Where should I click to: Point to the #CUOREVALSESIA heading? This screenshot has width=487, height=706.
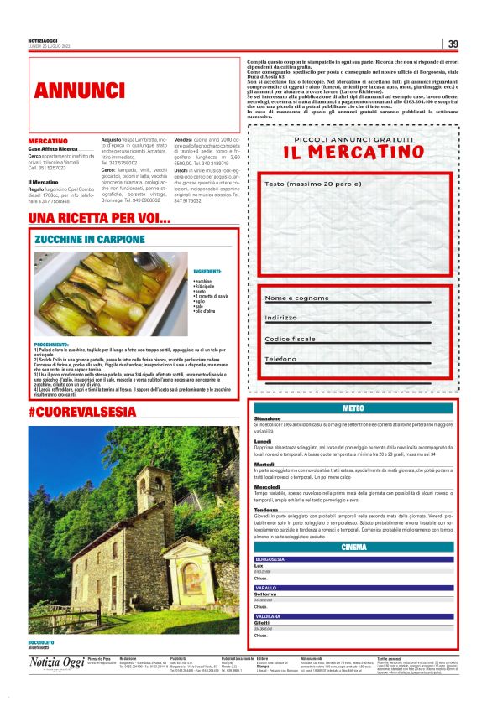[x=81, y=412]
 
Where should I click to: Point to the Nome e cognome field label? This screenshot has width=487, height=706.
[x=297, y=298]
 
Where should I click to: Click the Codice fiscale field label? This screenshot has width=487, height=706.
[x=291, y=339]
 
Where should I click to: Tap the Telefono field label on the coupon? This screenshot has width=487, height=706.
[x=282, y=359]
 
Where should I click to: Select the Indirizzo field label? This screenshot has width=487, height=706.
[x=281, y=318]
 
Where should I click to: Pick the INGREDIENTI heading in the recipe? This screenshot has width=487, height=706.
[x=207, y=272]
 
